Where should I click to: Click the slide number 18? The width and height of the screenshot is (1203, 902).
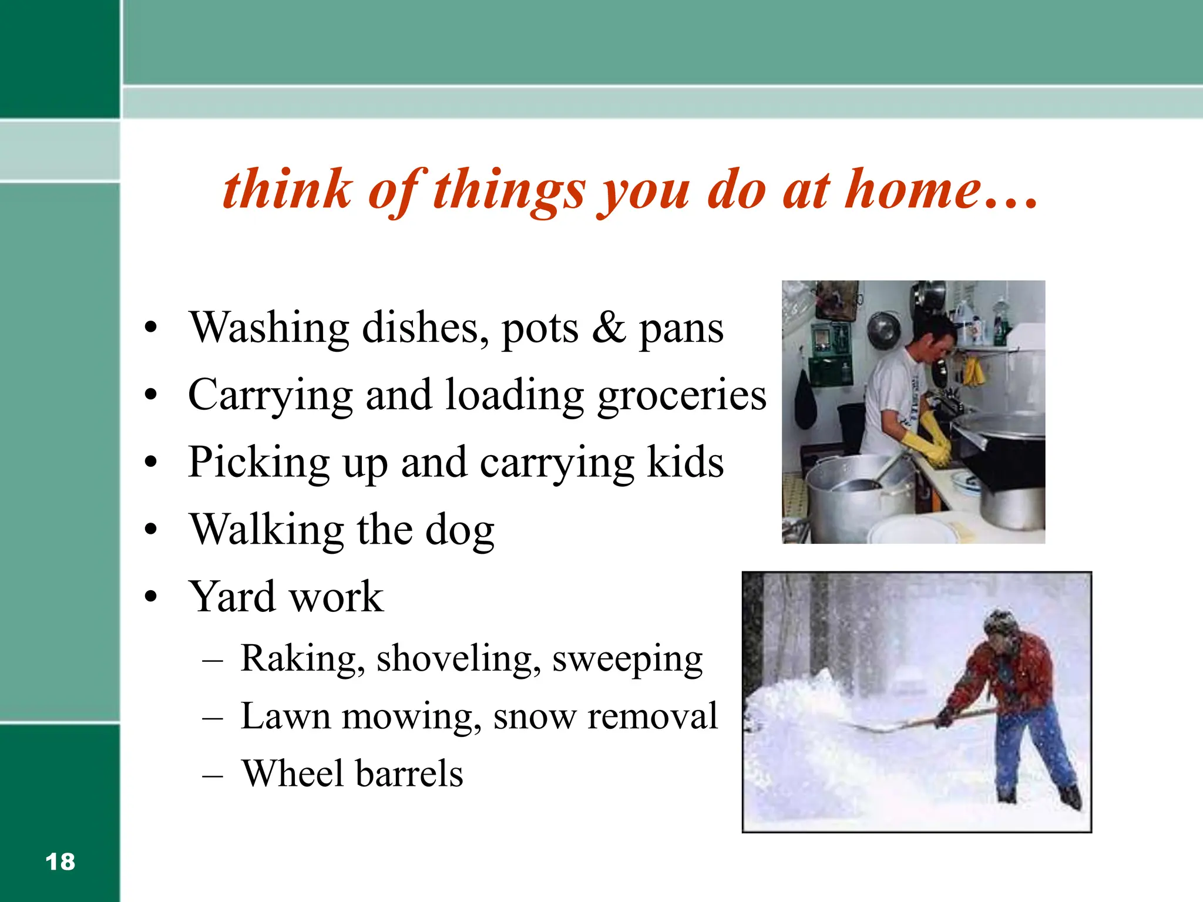(x=60, y=862)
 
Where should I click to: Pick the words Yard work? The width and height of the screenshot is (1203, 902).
(x=286, y=597)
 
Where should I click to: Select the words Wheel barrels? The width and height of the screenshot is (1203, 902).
(x=352, y=773)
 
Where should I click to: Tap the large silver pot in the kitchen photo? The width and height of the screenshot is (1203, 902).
(x=858, y=499)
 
